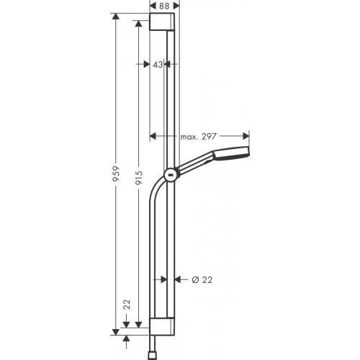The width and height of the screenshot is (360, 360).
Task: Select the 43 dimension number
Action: point(158,64)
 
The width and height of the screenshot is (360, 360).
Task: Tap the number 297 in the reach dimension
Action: point(209,135)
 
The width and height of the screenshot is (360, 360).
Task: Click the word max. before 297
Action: point(189,135)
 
